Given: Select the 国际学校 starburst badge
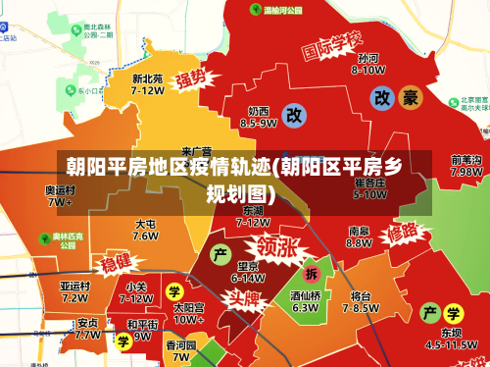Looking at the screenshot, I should [x=331, y=46].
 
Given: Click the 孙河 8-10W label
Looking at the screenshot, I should [x=368, y=64].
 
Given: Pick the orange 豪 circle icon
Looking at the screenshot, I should [x=411, y=97].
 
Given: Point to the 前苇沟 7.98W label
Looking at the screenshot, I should [x=465, y=165].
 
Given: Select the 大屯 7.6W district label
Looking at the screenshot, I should [x=145, y=230].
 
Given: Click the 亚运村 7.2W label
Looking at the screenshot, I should [x=74, y=291].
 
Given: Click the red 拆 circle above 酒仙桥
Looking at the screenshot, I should [x=312, y=273].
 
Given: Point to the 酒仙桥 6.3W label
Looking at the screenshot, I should [x=305, y=300].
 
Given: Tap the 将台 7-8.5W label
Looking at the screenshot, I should [x=361, y=300].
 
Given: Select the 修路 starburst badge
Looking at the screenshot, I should [x=408, y=234].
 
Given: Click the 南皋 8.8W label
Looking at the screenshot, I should [x=359, y=237].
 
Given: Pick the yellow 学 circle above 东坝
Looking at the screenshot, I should [x=453, y=314].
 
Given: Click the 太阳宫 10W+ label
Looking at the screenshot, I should [x=188, y=313].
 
